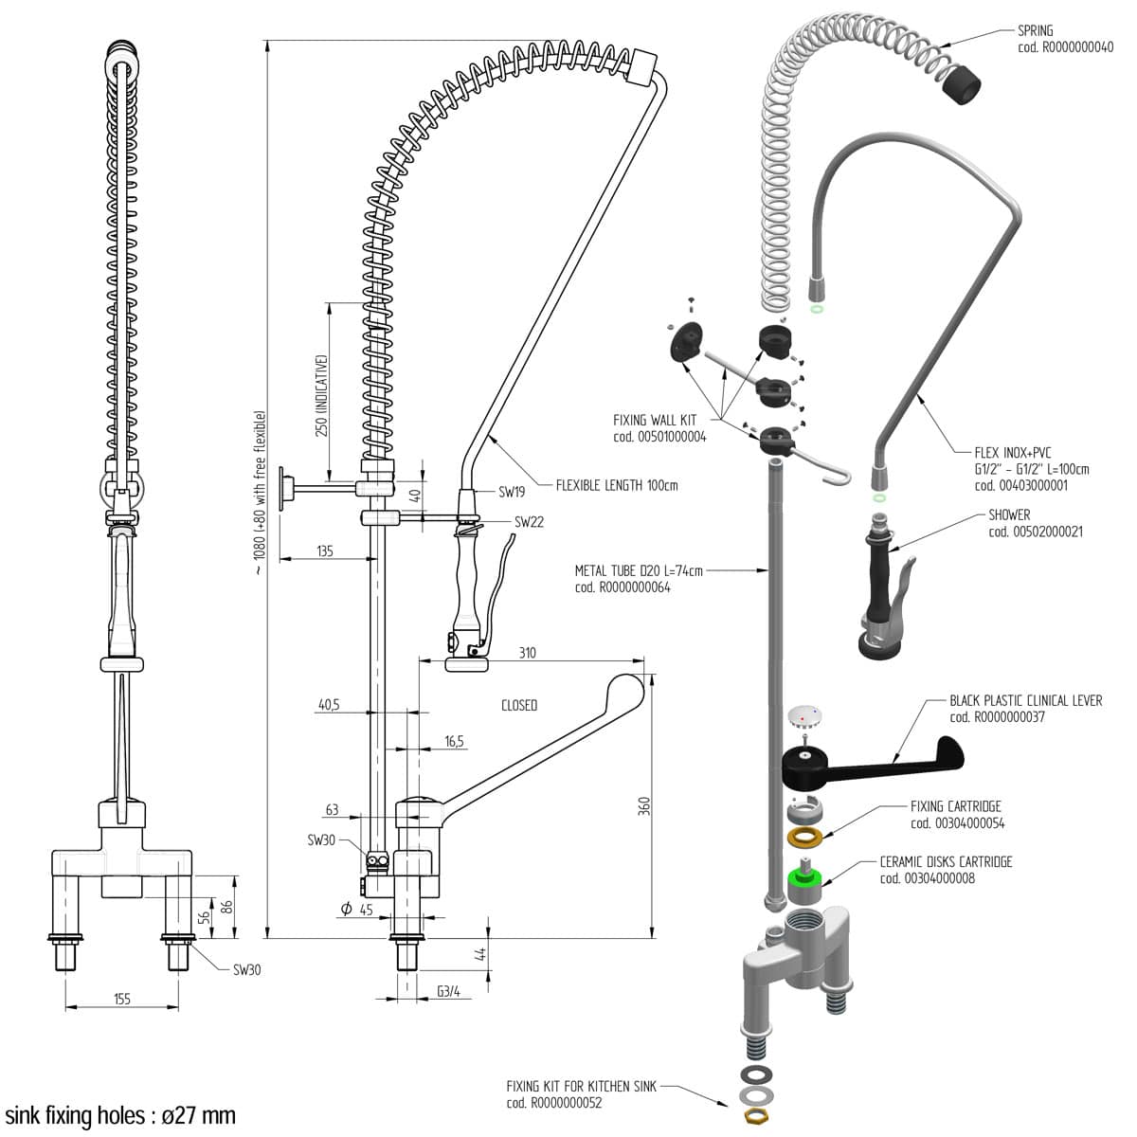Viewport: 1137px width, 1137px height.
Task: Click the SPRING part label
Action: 1035,31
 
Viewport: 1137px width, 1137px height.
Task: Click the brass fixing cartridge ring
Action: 805,838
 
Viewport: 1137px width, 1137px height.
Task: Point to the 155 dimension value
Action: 121,999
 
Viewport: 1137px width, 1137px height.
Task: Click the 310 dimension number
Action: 527,653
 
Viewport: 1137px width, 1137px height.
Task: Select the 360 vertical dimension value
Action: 644,806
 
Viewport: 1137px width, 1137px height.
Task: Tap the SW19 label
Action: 512,492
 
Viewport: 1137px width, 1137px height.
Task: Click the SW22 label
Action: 529,522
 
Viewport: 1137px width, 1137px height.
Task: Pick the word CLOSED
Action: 519,705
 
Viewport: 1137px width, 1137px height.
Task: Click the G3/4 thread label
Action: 448,991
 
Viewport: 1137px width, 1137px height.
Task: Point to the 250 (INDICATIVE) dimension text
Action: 322,395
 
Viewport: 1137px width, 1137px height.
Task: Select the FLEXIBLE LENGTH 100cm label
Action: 617,486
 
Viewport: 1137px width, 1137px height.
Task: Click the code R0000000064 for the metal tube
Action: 623,587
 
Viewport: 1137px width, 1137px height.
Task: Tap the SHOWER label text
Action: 1009,515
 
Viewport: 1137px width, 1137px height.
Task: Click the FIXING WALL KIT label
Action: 655,420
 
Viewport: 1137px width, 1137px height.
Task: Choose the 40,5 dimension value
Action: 329,705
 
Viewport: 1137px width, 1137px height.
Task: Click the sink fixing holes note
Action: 120,1115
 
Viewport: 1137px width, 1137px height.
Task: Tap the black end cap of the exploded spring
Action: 962,83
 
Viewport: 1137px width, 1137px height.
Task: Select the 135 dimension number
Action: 324,550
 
